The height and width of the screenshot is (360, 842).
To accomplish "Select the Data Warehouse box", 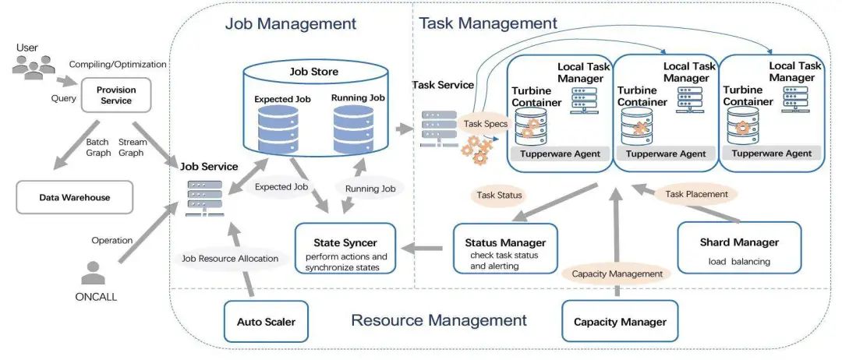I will (75, 198).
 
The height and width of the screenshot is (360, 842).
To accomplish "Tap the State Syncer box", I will (345, 248).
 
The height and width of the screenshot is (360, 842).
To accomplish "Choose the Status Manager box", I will (505, 248).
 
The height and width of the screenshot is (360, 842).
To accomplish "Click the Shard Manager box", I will (739, 248).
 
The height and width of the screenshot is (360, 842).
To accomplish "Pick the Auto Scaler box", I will (266, 321).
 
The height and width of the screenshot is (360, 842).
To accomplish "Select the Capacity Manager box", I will (620, 321).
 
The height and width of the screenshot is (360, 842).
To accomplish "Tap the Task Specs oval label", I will (486, 123).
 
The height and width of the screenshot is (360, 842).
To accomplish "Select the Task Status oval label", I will (499, 195).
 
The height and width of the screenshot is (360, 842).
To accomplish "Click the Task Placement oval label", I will (696, 193).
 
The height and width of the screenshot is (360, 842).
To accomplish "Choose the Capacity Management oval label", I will (617, 274).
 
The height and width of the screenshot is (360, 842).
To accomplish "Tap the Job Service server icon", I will (203, 197).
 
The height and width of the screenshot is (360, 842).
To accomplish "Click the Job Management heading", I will (290, 23).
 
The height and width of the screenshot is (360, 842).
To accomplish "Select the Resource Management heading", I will (438, 319).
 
